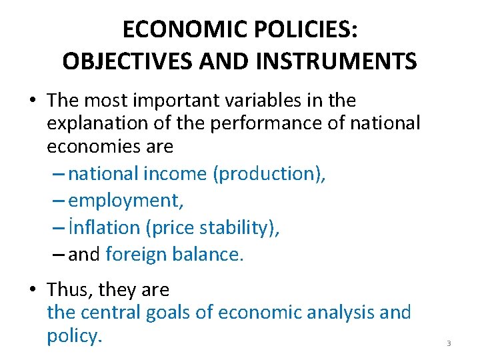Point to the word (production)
coord(269,173)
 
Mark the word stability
coord(240,227)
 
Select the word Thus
coord(69,290)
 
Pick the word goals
coord(177,312)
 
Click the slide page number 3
coord(449,343)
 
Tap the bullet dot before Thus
coord(33,290)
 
